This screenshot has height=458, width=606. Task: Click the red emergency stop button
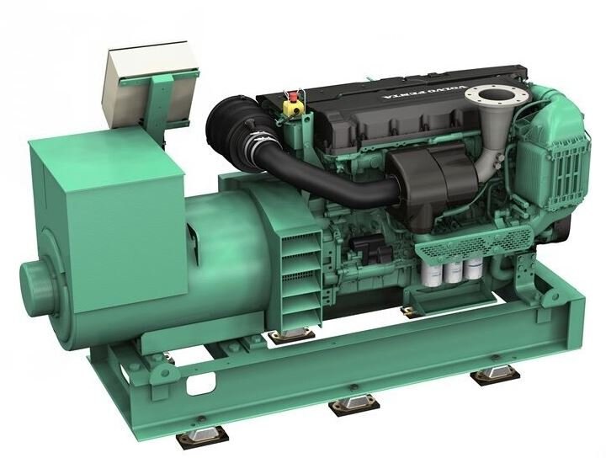pyautogui.click(x=292, y=95)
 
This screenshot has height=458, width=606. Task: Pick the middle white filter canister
pyautogui.click(x=453, y=269)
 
